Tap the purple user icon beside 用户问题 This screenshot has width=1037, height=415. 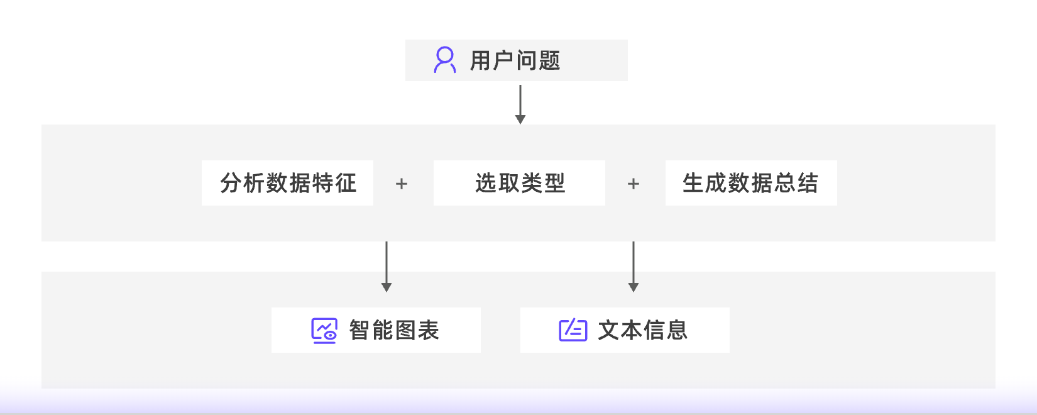coord(445,60)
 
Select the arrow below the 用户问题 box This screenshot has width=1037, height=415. coord(520,104)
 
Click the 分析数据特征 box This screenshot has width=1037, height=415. coord(287,183)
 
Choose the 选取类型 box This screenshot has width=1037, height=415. coord(519,183)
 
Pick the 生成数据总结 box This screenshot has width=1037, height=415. coord(750,183)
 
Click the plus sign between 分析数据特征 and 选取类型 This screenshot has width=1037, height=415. coord(402,184)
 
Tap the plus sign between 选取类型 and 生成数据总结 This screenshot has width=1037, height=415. coord(634,184)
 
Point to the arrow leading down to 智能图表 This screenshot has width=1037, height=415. coord(387,267)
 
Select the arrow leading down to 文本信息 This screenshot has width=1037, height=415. coord(634,267)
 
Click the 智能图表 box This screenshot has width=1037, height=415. coord(376,330)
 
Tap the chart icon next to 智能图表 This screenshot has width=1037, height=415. coord(324,330)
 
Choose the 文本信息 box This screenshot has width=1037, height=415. coord(625,330)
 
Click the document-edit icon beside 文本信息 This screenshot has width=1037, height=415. coord(573,330)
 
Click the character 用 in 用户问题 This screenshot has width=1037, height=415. coord(481,61)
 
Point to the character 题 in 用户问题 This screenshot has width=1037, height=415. coord(549,61)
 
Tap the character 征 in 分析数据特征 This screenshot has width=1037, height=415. coord(346,183)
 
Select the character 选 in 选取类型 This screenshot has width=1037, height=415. coord(486,183)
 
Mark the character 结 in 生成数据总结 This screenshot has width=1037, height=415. coord(807,183)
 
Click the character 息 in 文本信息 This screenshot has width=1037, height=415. coord(677,330)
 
